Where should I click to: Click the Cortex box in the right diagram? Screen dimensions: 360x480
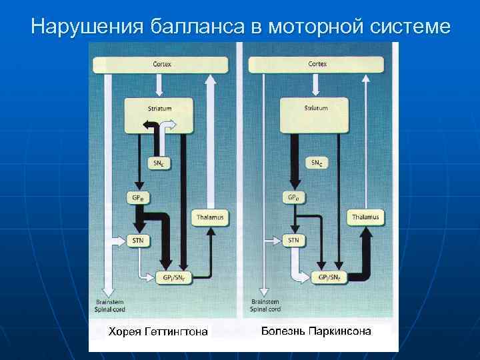click(317, 65)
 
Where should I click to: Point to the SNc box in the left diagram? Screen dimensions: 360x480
click(158, 163)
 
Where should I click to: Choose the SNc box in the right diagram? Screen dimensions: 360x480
click(316, 163)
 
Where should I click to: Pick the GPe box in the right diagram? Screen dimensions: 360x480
click(293, 198)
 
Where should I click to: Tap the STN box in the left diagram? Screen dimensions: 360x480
click(137, 239)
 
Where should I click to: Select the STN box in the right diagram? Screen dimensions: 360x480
click(293, 239)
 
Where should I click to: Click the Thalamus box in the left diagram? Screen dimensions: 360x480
click(210, 217)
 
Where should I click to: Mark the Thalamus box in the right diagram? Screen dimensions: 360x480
click(366, 217)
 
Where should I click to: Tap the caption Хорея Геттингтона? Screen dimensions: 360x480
click(158, 331)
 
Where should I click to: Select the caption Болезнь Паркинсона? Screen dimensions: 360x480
click(316, 331)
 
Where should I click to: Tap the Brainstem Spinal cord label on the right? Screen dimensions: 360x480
click(265, 305)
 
